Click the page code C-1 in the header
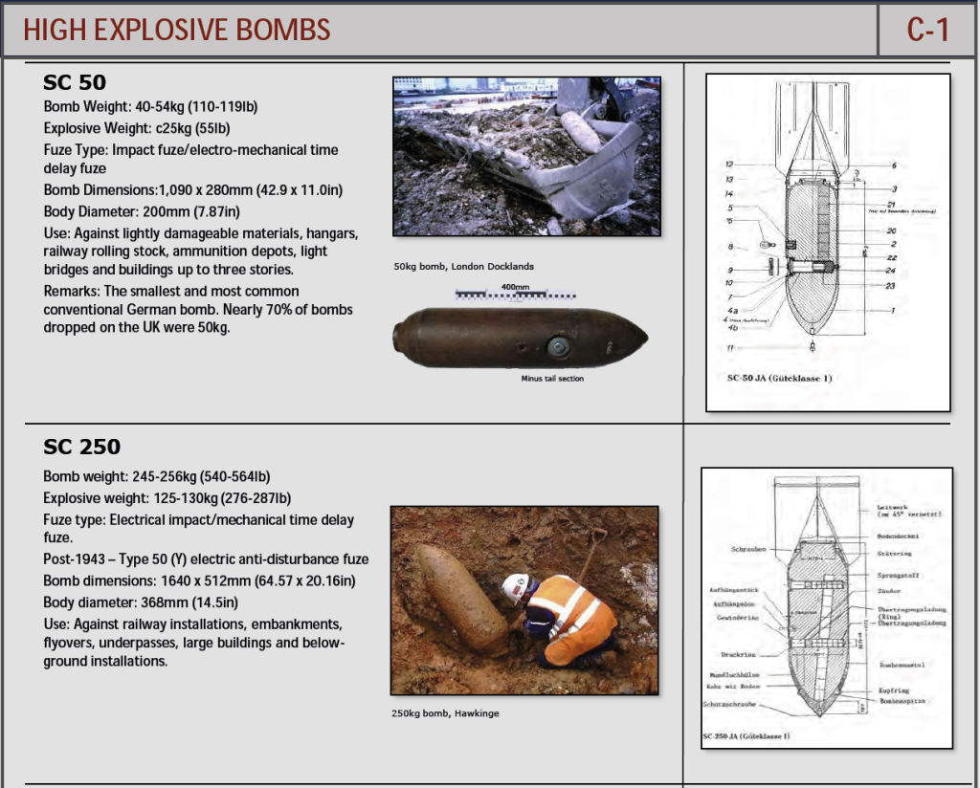[927, 30]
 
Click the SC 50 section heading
[75, 82]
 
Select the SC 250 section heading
[81, 447]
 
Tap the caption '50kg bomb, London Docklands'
[463, 266]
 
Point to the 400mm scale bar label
[515, 287]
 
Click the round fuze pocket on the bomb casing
[557, 346]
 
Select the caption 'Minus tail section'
[552, 379]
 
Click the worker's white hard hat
[515, 584]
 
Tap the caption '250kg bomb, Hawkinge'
[445, 713]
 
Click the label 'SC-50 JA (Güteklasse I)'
[780, 378]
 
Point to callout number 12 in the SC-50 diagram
[729, 165]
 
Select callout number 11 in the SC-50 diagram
[729, 347]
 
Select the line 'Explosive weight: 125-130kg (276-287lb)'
[167, 497]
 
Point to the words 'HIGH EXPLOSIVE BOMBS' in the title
[177, 30]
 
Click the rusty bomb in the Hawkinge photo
[457, 597]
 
